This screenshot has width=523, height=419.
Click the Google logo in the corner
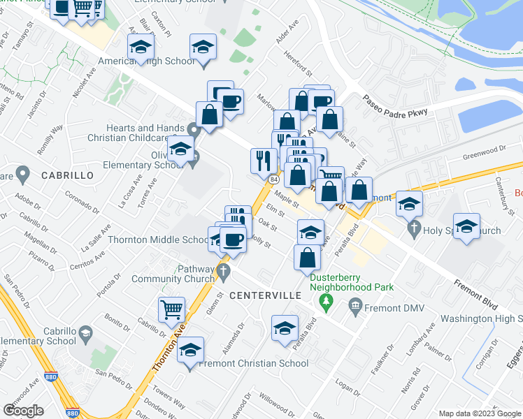pyautogui.click(x=24, y=411)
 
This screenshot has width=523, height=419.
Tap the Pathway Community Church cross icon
pyautogui.click(x=223, y=271)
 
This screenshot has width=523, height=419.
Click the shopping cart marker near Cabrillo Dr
pyautogui.click(x=171, y=309)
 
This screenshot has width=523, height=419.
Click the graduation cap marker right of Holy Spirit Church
pyautogui.click(x=466, y=226)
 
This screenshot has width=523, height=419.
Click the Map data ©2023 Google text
pyautogui.click(x=479, y=413)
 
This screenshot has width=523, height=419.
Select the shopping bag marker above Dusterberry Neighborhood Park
pyautogui.click(x=307, y=258)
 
